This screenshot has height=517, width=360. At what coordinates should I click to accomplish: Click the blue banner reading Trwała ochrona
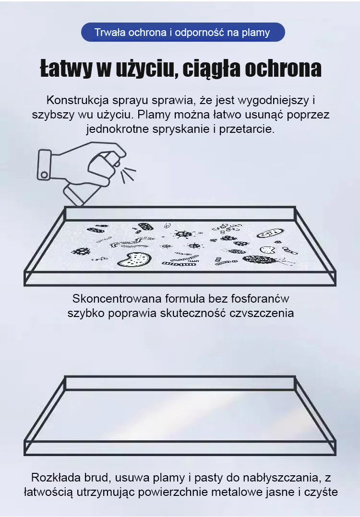pyautogui.click(x=183, y=32)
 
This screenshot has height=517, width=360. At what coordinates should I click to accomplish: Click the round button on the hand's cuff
pyautogui.click(x=43, y=174)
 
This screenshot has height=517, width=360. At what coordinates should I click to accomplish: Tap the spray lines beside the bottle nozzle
pyautogui.click(x=128, y=175)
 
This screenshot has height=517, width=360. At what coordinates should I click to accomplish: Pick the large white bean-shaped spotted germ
pyautogui.click(x=134, y=259)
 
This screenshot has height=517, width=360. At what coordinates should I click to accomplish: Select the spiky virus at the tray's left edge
pyautogui.click(x=81, y=252)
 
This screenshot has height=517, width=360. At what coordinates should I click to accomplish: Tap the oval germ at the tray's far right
pyautogui.click(x=270, y=234)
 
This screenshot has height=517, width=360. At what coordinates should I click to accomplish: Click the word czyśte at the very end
pyautogui.click(x=321, y=492)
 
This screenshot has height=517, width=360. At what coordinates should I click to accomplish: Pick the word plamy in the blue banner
pyautogui.click(x=256, y=33)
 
